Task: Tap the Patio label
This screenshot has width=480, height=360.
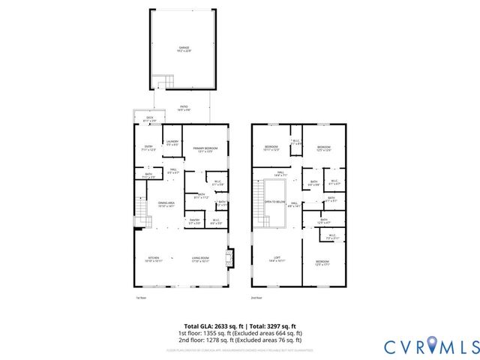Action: tap(184, 108)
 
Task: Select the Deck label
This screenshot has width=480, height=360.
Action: tap(149, 119)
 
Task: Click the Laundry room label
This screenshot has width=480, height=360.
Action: tap(172, 142)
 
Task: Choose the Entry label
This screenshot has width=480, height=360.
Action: tap(148, 148)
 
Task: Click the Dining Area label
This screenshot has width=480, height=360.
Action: tap(166, 204)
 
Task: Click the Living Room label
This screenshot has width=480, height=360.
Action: tap(200, 259)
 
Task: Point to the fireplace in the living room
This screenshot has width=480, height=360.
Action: tap(230, 259)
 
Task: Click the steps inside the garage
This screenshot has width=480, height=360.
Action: tap(163, 80)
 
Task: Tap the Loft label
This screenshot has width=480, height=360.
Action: tap(277, 259)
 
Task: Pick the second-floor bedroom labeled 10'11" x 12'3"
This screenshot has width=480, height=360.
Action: tap(271, 148)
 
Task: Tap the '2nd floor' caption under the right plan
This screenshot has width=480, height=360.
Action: tap(256, 298)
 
